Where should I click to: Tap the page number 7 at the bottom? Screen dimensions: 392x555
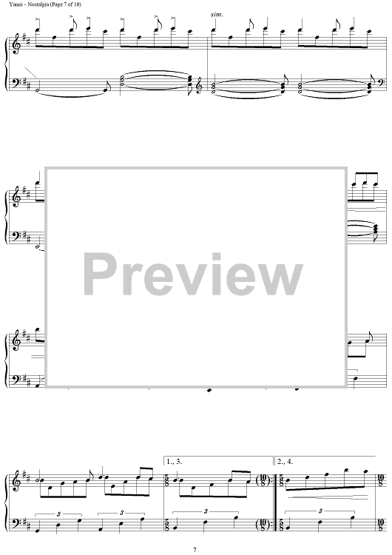195,550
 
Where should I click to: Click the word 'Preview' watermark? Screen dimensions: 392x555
193,275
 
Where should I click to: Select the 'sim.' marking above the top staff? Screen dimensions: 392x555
217,15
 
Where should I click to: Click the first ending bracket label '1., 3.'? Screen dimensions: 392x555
175,462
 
